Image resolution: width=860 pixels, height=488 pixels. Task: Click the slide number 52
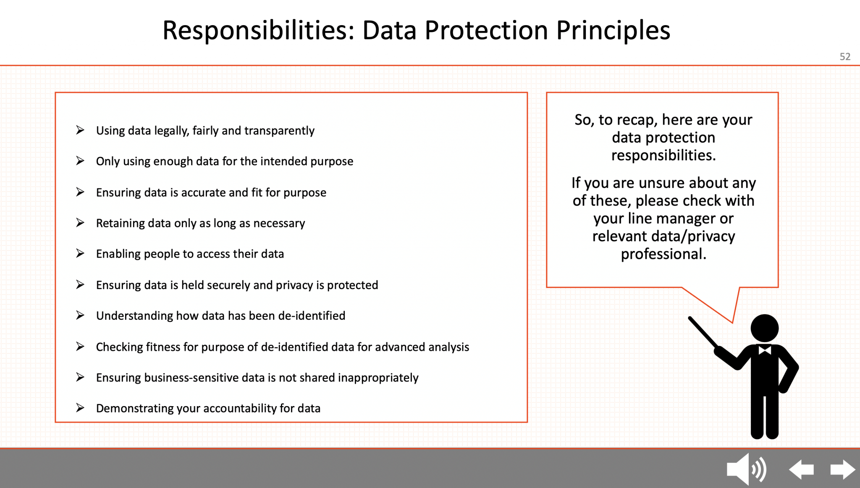(x=845, y=57)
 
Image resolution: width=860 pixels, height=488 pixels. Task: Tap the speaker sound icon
(x=746, y=469)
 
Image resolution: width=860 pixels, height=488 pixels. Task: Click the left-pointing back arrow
(x=801, y=469)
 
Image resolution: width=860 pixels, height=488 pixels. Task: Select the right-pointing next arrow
(x=842, y=469)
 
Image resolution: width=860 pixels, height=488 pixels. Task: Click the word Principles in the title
(x=613, y=31)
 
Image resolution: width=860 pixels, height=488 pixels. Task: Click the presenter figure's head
(x=764, y=328)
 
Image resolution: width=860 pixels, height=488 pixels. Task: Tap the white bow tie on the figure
(x=765, y=350)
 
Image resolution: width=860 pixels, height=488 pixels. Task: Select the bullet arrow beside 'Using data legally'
(x=80, y=130)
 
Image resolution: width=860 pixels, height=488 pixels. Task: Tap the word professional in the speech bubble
(x=663, y=254)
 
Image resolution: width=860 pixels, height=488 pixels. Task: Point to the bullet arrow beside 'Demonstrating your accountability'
(x=80, y=408)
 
